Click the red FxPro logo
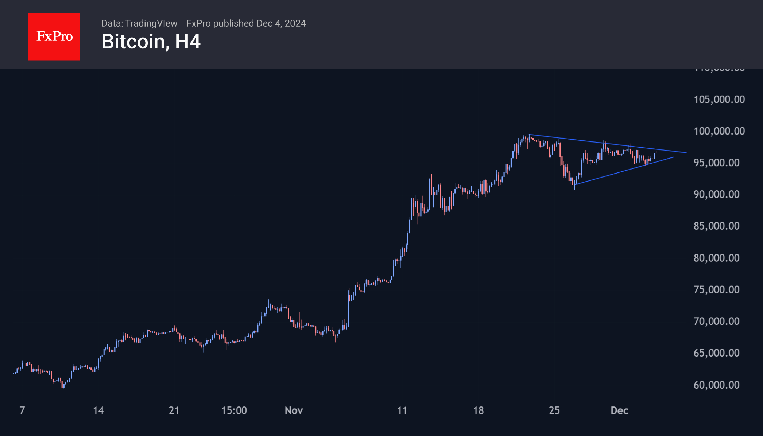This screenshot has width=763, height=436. [x=54, y=36]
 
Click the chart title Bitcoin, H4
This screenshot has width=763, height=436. [x=151, y=42]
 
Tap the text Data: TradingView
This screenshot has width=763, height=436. [x=139, y=23]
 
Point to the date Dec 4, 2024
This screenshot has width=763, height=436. [x=281, y=23]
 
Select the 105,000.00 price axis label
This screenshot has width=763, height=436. [x=719, y=100]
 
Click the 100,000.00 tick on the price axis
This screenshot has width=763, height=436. [x=719, y=131]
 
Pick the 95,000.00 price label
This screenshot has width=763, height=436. [x=716, y=163]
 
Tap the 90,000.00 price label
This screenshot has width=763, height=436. [x=716, y=194]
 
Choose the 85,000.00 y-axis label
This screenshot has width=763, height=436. [x=716, y=226]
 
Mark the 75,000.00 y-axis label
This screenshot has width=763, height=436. [x=716, y=290]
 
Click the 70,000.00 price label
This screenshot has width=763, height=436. [x=716, y=322]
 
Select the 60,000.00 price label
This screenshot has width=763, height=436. [x=716, y=385]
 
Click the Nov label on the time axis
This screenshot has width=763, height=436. [x=294, y=411]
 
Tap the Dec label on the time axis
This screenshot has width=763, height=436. [x=619, y=411]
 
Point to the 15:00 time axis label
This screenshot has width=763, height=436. [x=234, y=411]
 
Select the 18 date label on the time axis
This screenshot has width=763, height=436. [x=478, y=411]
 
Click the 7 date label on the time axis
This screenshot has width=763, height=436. [x=22, y=411]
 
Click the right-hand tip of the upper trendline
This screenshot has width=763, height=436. [x=686, y=153]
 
